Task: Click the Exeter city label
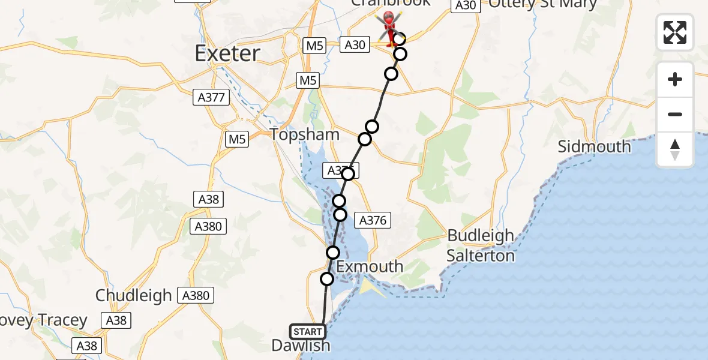(x=227, y=53)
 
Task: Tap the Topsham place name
(x=305, y=134)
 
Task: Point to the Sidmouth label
(x=594, y=146)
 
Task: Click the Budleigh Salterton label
(x=481, y=245)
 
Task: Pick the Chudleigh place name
(x=134, y=295)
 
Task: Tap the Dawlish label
(x=301, y=346)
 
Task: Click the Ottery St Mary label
(x=543, y=5)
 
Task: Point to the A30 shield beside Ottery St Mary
(x=465, y=5)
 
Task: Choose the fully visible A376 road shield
(x=373, y=220)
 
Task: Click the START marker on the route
(x=308, y=332)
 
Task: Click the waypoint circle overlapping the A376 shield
(x=348, y=174)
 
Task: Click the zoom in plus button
(x=675, y=79)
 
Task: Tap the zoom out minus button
(x=675, y=114)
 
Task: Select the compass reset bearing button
(x=675, y=149)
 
